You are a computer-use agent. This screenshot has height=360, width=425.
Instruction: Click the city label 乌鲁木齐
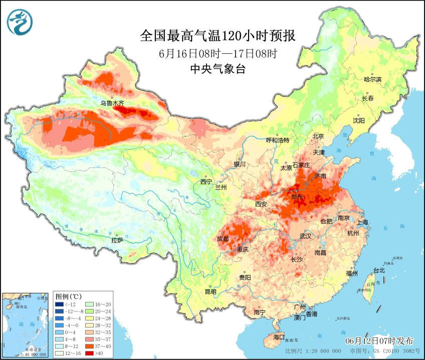pos(112,103)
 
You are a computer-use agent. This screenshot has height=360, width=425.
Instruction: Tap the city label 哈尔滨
pos(372,79)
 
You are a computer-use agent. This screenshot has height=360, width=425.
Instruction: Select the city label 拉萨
pos(117,240)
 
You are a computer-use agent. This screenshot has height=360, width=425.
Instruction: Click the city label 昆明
pos(210,291)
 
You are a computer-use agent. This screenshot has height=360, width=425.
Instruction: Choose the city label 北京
pos(319,136)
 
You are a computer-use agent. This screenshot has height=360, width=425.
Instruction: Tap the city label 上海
pos(363,222)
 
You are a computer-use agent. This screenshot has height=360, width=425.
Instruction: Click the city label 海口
pos(278,336)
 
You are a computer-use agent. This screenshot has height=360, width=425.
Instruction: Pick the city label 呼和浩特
pos(278,140)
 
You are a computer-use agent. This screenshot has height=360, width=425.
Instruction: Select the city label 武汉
pos(306,236)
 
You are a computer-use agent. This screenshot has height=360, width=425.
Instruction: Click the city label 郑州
pos(297,197)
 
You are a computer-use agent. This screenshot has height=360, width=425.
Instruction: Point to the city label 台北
pos(378,270)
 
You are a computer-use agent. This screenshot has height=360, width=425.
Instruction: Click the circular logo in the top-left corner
pos(20,22)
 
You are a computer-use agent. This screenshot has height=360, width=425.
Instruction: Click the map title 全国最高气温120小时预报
pos(217,36)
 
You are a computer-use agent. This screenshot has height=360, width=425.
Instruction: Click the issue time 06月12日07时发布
pos(379,341)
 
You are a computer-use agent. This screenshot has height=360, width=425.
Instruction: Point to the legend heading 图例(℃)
pos(69,295)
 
